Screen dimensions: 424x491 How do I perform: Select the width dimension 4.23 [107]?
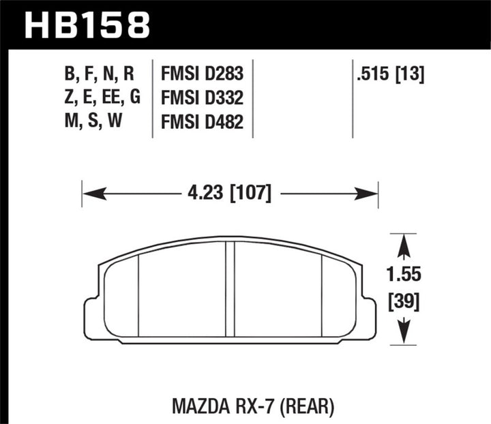pos(229,194)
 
